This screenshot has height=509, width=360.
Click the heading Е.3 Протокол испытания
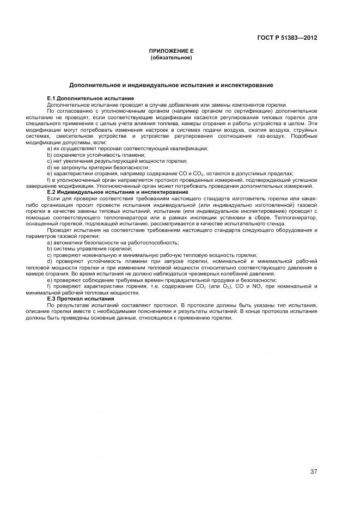[x=80, y=298]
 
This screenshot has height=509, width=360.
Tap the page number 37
[x=314, y=471]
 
